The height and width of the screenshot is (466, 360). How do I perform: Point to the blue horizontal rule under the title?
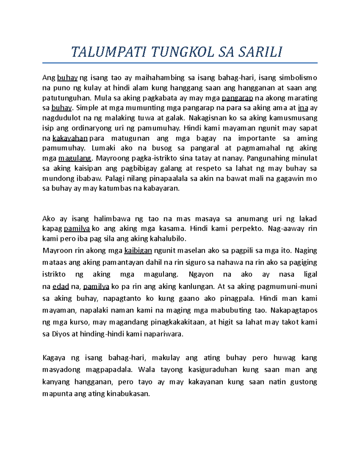180,63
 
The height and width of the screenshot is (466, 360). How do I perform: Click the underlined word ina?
303,108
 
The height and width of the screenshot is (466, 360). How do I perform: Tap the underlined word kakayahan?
70,138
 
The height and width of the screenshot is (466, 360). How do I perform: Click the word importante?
257,138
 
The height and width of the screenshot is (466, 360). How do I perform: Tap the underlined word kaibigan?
138,251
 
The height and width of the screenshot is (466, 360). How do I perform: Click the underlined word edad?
61,287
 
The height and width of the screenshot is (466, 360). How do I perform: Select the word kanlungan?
197,287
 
